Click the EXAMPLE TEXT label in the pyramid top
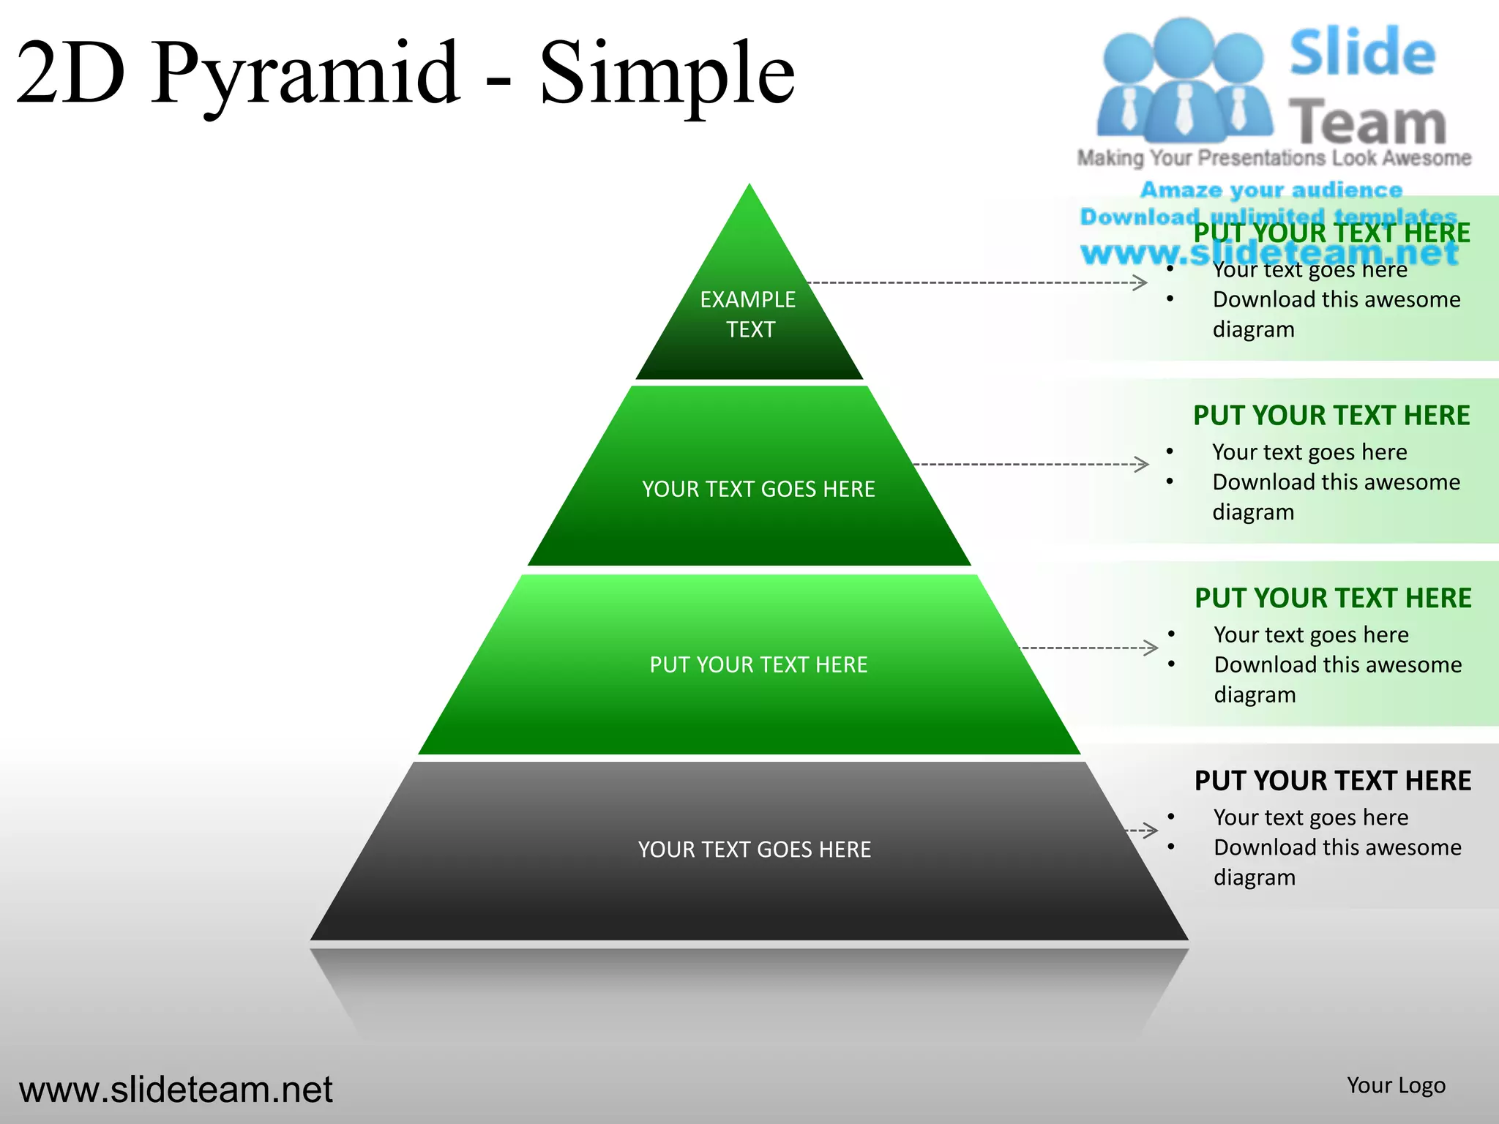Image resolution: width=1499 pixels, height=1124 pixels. [748, 314]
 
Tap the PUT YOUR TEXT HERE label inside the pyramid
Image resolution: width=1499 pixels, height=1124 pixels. [758, 664]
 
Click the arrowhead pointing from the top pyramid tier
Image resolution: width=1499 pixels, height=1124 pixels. [1140, 282]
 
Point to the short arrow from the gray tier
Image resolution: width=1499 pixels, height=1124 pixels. [1143, 831]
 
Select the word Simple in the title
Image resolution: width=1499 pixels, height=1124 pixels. [666, 73]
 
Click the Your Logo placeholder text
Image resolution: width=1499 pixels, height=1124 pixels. [1396, 1085]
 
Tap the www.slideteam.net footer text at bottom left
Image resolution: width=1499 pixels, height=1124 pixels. [176, 1090]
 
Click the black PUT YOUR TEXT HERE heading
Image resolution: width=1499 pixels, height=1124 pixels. [1332, 781]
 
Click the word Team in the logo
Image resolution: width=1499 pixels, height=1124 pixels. [1367, 123]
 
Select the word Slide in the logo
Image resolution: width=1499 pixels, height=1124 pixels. [1362, 53]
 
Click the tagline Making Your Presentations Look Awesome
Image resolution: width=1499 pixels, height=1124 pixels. [1274, 158]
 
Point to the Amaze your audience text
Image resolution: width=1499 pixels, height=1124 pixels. [1271, 190]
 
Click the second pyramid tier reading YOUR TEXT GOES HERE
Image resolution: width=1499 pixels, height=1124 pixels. [758, 489]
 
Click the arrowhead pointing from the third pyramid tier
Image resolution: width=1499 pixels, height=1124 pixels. [1151, 648]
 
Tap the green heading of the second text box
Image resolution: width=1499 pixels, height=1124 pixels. [1331, 416]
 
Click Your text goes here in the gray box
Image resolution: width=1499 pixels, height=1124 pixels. [1310, 817]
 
